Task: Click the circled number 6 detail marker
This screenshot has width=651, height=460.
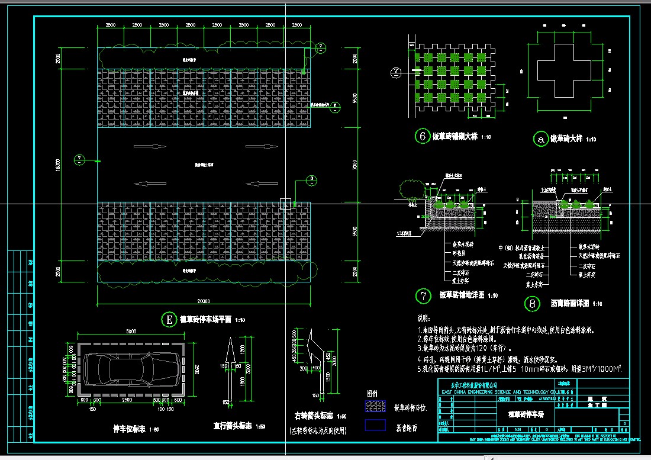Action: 423,137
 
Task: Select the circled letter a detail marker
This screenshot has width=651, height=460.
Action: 540,139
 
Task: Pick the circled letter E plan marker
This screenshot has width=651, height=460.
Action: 169,320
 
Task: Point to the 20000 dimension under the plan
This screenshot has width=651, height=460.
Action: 204,300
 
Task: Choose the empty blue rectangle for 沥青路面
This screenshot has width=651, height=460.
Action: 375,425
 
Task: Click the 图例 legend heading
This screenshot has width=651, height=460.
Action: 372,393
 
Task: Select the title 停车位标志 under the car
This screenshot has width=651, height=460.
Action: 128,427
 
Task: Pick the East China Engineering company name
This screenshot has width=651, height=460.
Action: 504,392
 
